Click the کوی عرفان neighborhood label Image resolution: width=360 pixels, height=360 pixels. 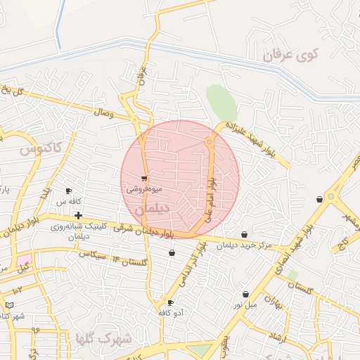click(291, 53)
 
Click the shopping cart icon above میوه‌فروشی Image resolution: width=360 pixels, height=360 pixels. click(144, 179)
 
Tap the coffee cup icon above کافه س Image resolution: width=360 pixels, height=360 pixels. click(69, 191)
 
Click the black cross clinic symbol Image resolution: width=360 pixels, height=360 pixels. click(78, 215)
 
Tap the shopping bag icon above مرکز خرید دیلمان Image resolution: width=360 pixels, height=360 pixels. click(244, 234)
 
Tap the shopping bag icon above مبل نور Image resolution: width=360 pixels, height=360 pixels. click(246, 294)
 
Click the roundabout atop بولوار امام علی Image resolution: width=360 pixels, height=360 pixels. click(209, 143)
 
